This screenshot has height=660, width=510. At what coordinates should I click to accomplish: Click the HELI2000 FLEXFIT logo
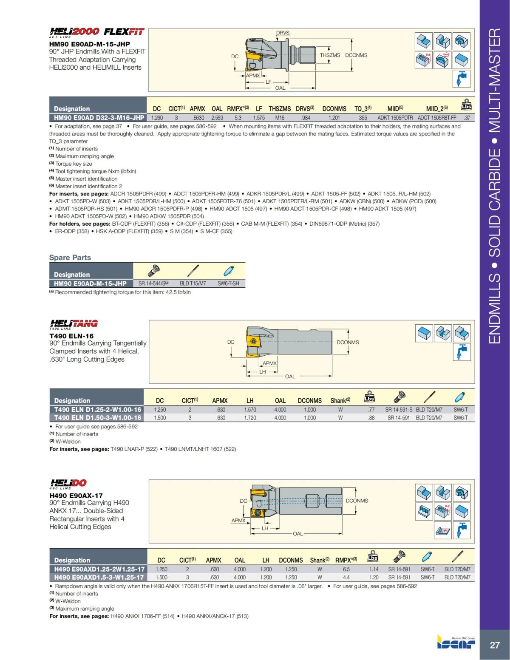click(x=97, y=32)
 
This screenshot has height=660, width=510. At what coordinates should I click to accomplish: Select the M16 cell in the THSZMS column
click(x=280, y=118)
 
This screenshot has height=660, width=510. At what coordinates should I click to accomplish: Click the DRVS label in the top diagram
click(x=283, y=33)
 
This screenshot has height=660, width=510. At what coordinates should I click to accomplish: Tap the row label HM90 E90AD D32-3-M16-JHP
click(x=99, y=118)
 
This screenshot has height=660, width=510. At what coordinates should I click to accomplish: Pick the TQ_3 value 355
click(x=363, y=118)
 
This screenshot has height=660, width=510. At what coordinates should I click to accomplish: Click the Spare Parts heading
click(x=70, y=258)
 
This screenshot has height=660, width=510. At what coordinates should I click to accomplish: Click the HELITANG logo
click(x=74, y=324)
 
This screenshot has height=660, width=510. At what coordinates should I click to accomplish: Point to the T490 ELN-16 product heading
click(x=71, y=336)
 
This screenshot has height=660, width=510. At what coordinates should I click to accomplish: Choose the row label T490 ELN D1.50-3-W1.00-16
click(x=97, y=418)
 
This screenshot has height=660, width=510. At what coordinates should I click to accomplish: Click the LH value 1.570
click(x=250, y=410)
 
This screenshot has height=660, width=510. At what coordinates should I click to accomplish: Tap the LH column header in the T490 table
click(x=250, y=400)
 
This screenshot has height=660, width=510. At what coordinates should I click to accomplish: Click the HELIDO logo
click(x=68, y=483)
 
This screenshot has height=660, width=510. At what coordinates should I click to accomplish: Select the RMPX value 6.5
click(x=346, y=569)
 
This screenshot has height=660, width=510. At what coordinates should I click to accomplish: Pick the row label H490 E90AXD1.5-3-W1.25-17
click(x=99, y=577)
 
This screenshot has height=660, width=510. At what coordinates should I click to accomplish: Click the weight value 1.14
click(x=374, y=569)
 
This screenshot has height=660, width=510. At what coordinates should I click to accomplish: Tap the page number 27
click(x=495, y=645)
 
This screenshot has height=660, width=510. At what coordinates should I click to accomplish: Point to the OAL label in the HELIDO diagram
click(x=297, y=534)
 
